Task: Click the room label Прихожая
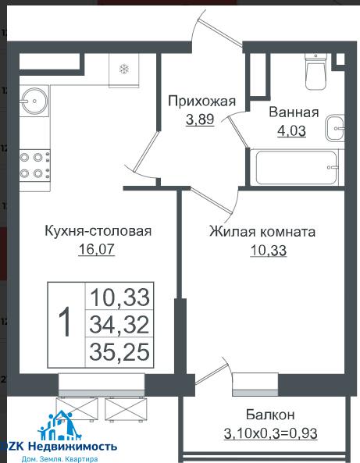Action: [x=202, y=102]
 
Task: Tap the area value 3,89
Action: [x=200, y=119]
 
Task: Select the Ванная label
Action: [x=294, y=112]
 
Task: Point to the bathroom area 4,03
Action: [x=291, y=131]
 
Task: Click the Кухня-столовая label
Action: [x=98, y=231]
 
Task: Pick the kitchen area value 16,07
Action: [x=96, y=249]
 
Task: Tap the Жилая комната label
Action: [x=262, y=231]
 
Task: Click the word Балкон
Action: [x=270, y=415]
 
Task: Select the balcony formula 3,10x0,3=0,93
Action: [x=270, y=433]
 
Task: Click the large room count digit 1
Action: [x=65, y=321]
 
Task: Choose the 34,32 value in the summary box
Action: [x=119, y=324]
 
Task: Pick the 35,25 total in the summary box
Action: [x=119, y=351]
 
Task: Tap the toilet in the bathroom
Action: [x=316, y=71]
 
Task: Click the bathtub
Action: [x=297, y=168]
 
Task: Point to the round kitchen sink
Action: [x=35, y=101]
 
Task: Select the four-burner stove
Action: [x=34, y=166]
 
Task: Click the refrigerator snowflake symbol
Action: [x=124, y=69]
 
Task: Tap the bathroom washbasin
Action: [x=335, y=128]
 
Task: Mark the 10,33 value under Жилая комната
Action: [x=269, y=251]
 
